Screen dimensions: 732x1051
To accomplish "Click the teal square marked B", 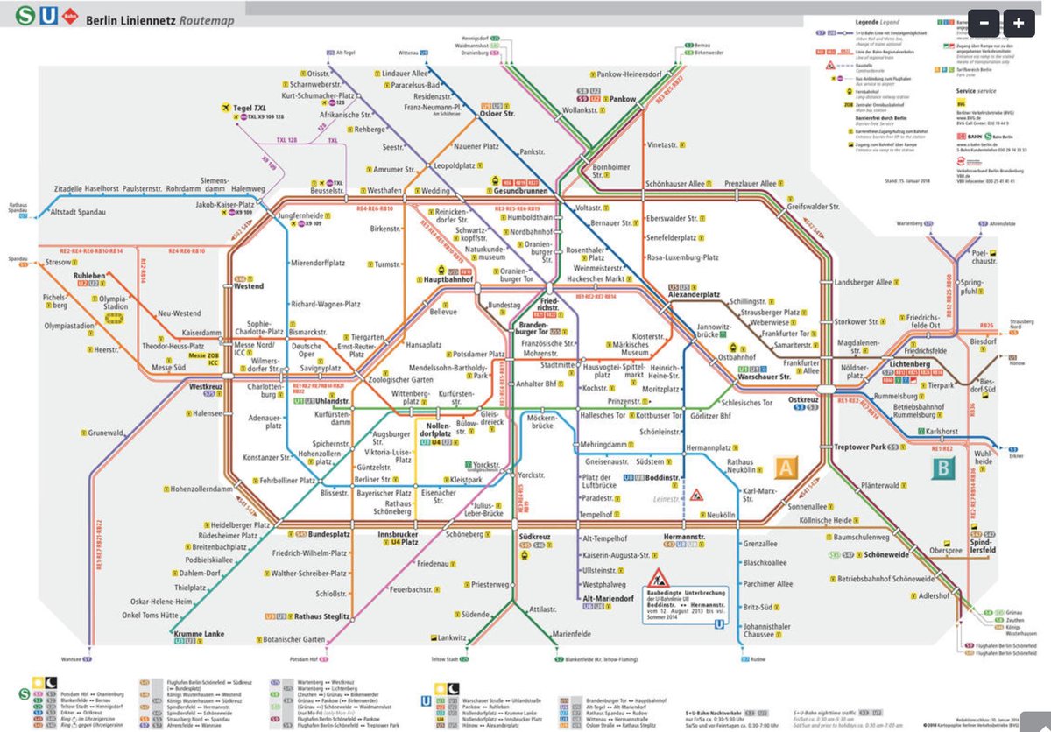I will pos(943,468).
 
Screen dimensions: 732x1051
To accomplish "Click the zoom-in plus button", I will pos(1019,24).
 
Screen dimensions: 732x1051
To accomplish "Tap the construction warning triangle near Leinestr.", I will pos(697,496).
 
